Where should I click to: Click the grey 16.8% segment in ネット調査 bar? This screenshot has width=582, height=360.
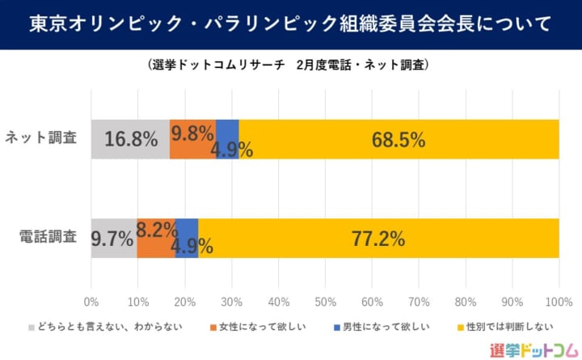pos(130,139)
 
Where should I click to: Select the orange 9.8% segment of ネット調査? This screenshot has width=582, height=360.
pos(192,139)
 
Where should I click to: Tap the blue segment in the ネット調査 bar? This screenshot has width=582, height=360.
pos(227,139)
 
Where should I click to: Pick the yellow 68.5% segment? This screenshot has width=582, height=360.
pos(399,139)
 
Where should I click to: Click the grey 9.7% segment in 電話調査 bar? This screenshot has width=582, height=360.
pos(113,239)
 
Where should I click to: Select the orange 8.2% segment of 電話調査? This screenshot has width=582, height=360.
pos(155,239)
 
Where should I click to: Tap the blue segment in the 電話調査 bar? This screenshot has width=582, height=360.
pos(187,239)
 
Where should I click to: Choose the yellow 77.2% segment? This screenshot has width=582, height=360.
pos(378,239)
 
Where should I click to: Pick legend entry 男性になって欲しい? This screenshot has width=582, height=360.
pos(381,328)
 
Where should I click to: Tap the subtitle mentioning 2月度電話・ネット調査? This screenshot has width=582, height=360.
pos(289,64)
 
